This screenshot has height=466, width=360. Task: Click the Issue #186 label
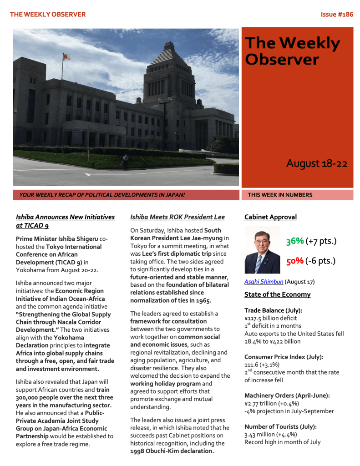(x=336, y=15)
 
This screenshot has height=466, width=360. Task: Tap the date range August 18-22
(x=316, y=163)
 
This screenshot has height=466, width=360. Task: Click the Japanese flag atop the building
(x=66, y=57)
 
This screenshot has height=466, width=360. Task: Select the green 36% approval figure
(x=295, y=241)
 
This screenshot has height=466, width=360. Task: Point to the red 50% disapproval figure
(x=295, y=261)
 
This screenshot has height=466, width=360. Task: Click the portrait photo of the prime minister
(x=262, y=250)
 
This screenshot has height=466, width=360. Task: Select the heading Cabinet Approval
(x=270, y=217)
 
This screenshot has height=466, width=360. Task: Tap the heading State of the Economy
(x=277, y=294)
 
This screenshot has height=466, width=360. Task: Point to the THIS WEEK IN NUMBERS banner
(x=280, y=195)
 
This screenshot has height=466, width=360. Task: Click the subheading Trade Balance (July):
(x=273, y=310)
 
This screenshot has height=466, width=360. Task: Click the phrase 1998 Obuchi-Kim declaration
(x=172, y=451)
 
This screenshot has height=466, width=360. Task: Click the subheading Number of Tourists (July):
(x=280, y=426)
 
